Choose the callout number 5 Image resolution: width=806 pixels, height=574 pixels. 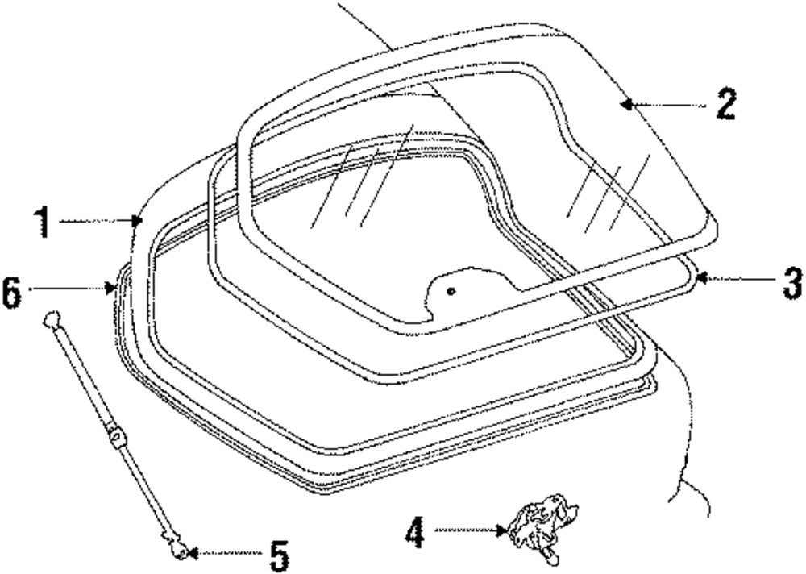[277, 555]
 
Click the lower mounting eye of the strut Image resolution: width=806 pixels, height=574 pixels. [181, 551]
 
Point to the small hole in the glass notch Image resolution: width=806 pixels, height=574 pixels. [451, 290]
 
